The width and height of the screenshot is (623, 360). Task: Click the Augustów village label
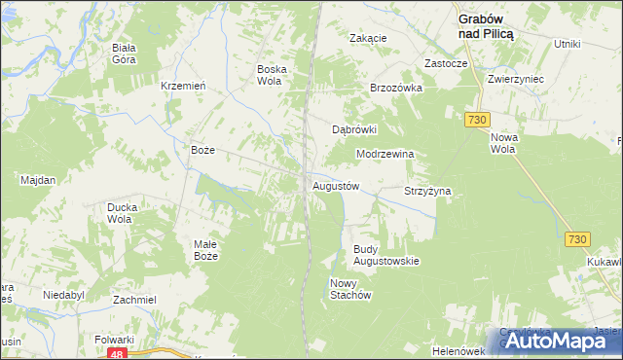[x=336, y=186]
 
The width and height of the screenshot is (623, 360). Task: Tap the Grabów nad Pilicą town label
[x=487, y=24]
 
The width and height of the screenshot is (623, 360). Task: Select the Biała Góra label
[x=124, y=54]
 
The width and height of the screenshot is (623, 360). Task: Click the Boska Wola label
[x=269, y=75]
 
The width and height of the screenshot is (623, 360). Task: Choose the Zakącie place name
[x=369, y=38]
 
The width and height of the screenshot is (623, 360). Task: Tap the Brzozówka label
[x=395, y=87]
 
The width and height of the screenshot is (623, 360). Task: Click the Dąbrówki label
[x=354, y=128]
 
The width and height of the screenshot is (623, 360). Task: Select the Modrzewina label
[x=386, y=154]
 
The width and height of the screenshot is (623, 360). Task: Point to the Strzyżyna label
[x=428, y=192]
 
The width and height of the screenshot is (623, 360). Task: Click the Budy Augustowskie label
[x=385, y=255]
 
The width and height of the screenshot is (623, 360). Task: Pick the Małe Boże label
[x=205, y=250]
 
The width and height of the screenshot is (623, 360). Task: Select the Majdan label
[x=38, y=180]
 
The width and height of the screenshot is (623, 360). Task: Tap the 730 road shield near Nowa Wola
[x=476, y=119]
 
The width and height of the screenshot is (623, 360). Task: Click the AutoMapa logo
[x=557, y=340]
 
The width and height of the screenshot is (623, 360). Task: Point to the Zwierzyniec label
[x=516, y=79]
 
